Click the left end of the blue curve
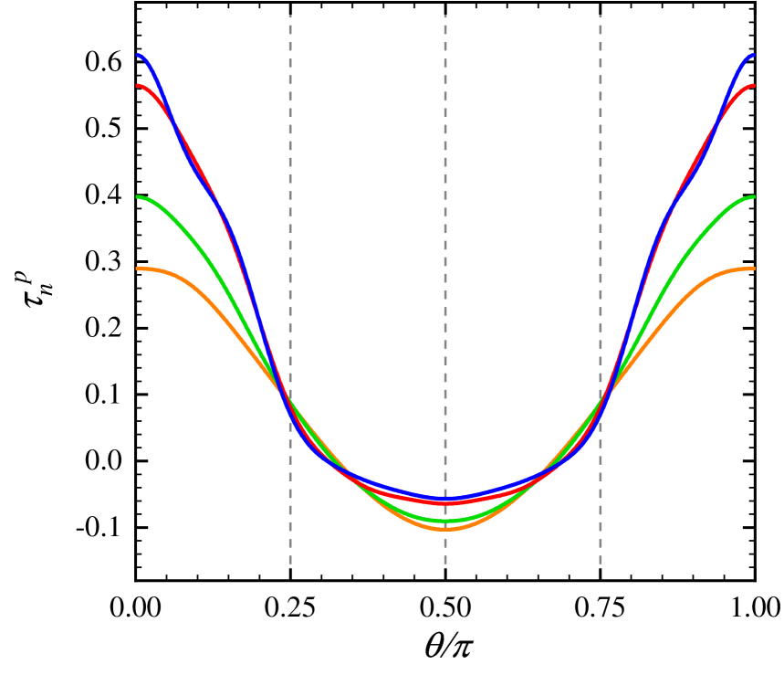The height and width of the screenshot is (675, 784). (x=139, y=55)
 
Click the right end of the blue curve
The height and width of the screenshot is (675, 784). (x=753, y=55)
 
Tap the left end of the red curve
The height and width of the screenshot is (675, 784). (x=139, y=86)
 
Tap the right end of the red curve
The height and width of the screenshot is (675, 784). (x=753, y=86)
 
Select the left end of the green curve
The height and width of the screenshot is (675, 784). (x=139, y=196)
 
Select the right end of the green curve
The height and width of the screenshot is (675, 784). (x=753, y=196)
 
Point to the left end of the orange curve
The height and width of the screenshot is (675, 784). (x=139, y=269)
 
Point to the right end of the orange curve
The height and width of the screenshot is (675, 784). (x=753, y=269)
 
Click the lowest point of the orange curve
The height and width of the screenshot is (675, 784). (x=446, y=529)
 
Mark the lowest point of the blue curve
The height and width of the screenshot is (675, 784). (x=446, y=499)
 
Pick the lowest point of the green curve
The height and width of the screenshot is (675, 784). (x=446, y=522)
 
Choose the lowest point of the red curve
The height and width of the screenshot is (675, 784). (x=446, y=503)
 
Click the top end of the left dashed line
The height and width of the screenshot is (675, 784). (x=290, y=16)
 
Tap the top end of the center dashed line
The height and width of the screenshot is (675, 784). (x=445, y=16)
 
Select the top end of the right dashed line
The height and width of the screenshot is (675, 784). (x=601, y=16)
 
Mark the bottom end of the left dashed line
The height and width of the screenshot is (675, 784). (x=290, y=564)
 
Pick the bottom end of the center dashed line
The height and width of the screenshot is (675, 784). (x=445, y=564)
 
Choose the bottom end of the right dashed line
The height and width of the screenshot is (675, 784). (x=601, y=564)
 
